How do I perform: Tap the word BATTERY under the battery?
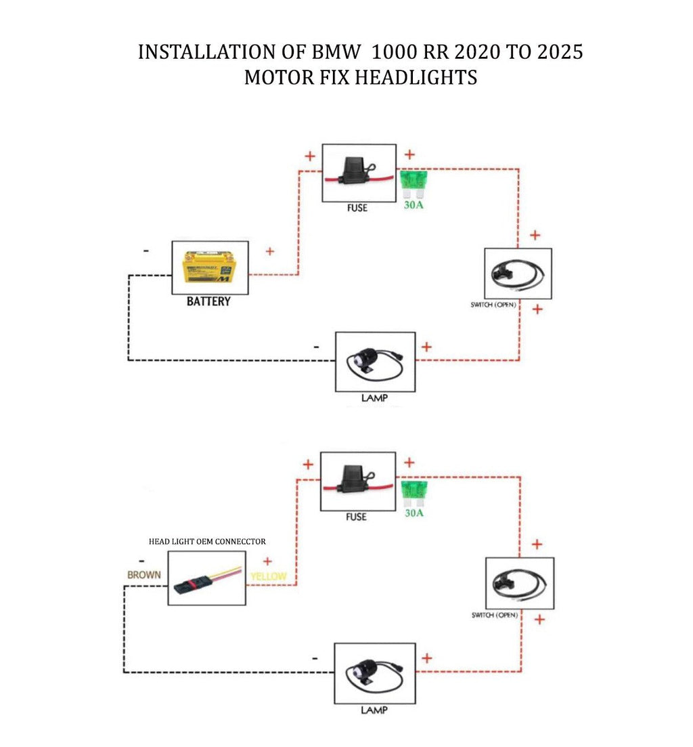[208, 301]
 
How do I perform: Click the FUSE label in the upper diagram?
[357, 208]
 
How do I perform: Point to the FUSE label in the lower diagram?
[356, 517]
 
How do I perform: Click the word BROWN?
[144, 575]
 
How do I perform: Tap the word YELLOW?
[268, 577]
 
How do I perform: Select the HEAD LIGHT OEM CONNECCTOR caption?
[207, 542]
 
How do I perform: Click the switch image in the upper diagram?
[518, 273]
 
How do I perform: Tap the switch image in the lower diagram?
[519, 583]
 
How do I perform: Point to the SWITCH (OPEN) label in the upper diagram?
[493, 305]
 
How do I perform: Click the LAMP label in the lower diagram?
[374, 710]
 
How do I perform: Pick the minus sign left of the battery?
[147, 251]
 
